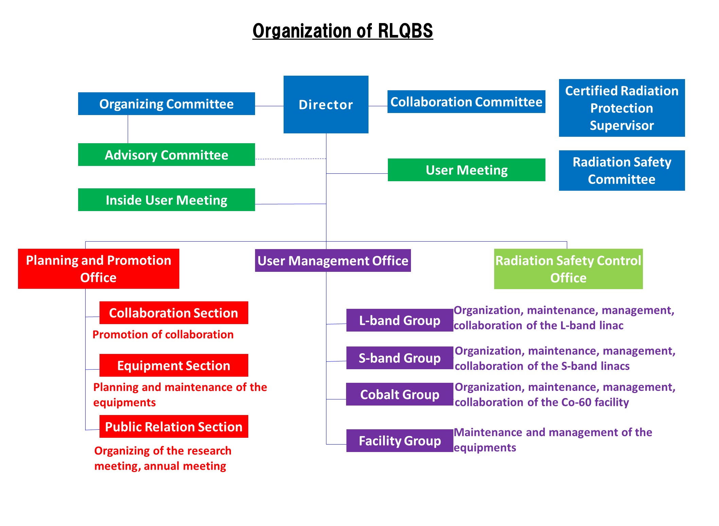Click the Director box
point(326,105)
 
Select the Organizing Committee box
point(166,104)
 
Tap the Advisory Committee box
point(166,155)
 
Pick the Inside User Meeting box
point(166,200)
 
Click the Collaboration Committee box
point(466,102)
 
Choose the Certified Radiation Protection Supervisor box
point(622,108)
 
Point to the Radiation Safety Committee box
point(622,170)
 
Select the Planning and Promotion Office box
point(98,269)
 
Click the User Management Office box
point(333,261)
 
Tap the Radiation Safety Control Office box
point(568,269)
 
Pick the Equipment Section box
point(174,365)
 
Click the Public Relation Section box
point(174,427)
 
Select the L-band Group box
point(400,320)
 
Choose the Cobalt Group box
point(400,394)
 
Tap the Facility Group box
point(400,441)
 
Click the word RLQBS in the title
point(405,31)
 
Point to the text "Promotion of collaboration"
point(163,335)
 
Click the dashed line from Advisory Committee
point(290,159)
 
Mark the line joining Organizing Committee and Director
point(269,106)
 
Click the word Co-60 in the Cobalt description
point(576,402)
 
